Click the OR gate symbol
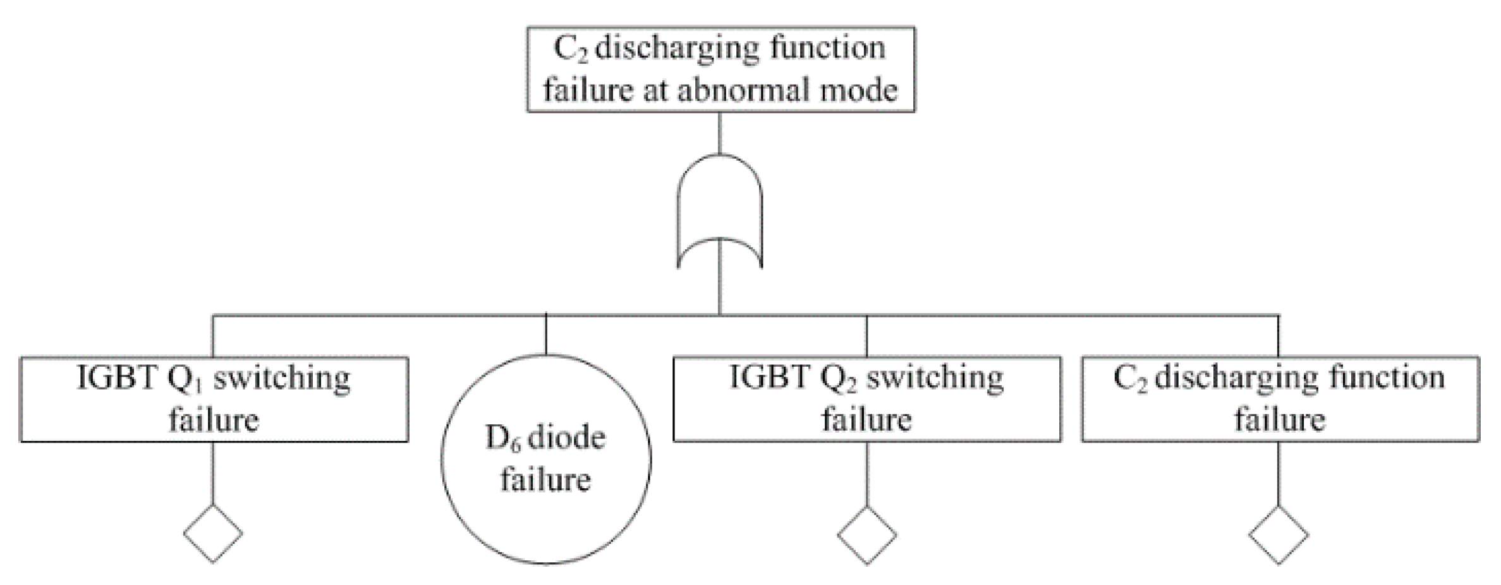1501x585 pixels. coord(719,209)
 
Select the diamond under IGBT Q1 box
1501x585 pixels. coord(213,533)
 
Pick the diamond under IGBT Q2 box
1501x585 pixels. coord(866,534)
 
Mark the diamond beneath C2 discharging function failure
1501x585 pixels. coord(1279,534)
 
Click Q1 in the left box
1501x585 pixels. coord(185,379)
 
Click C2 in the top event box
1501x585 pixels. coord(570,49)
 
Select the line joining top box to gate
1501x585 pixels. coord(720,133)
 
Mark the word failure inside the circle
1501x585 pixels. coord(546,480)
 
